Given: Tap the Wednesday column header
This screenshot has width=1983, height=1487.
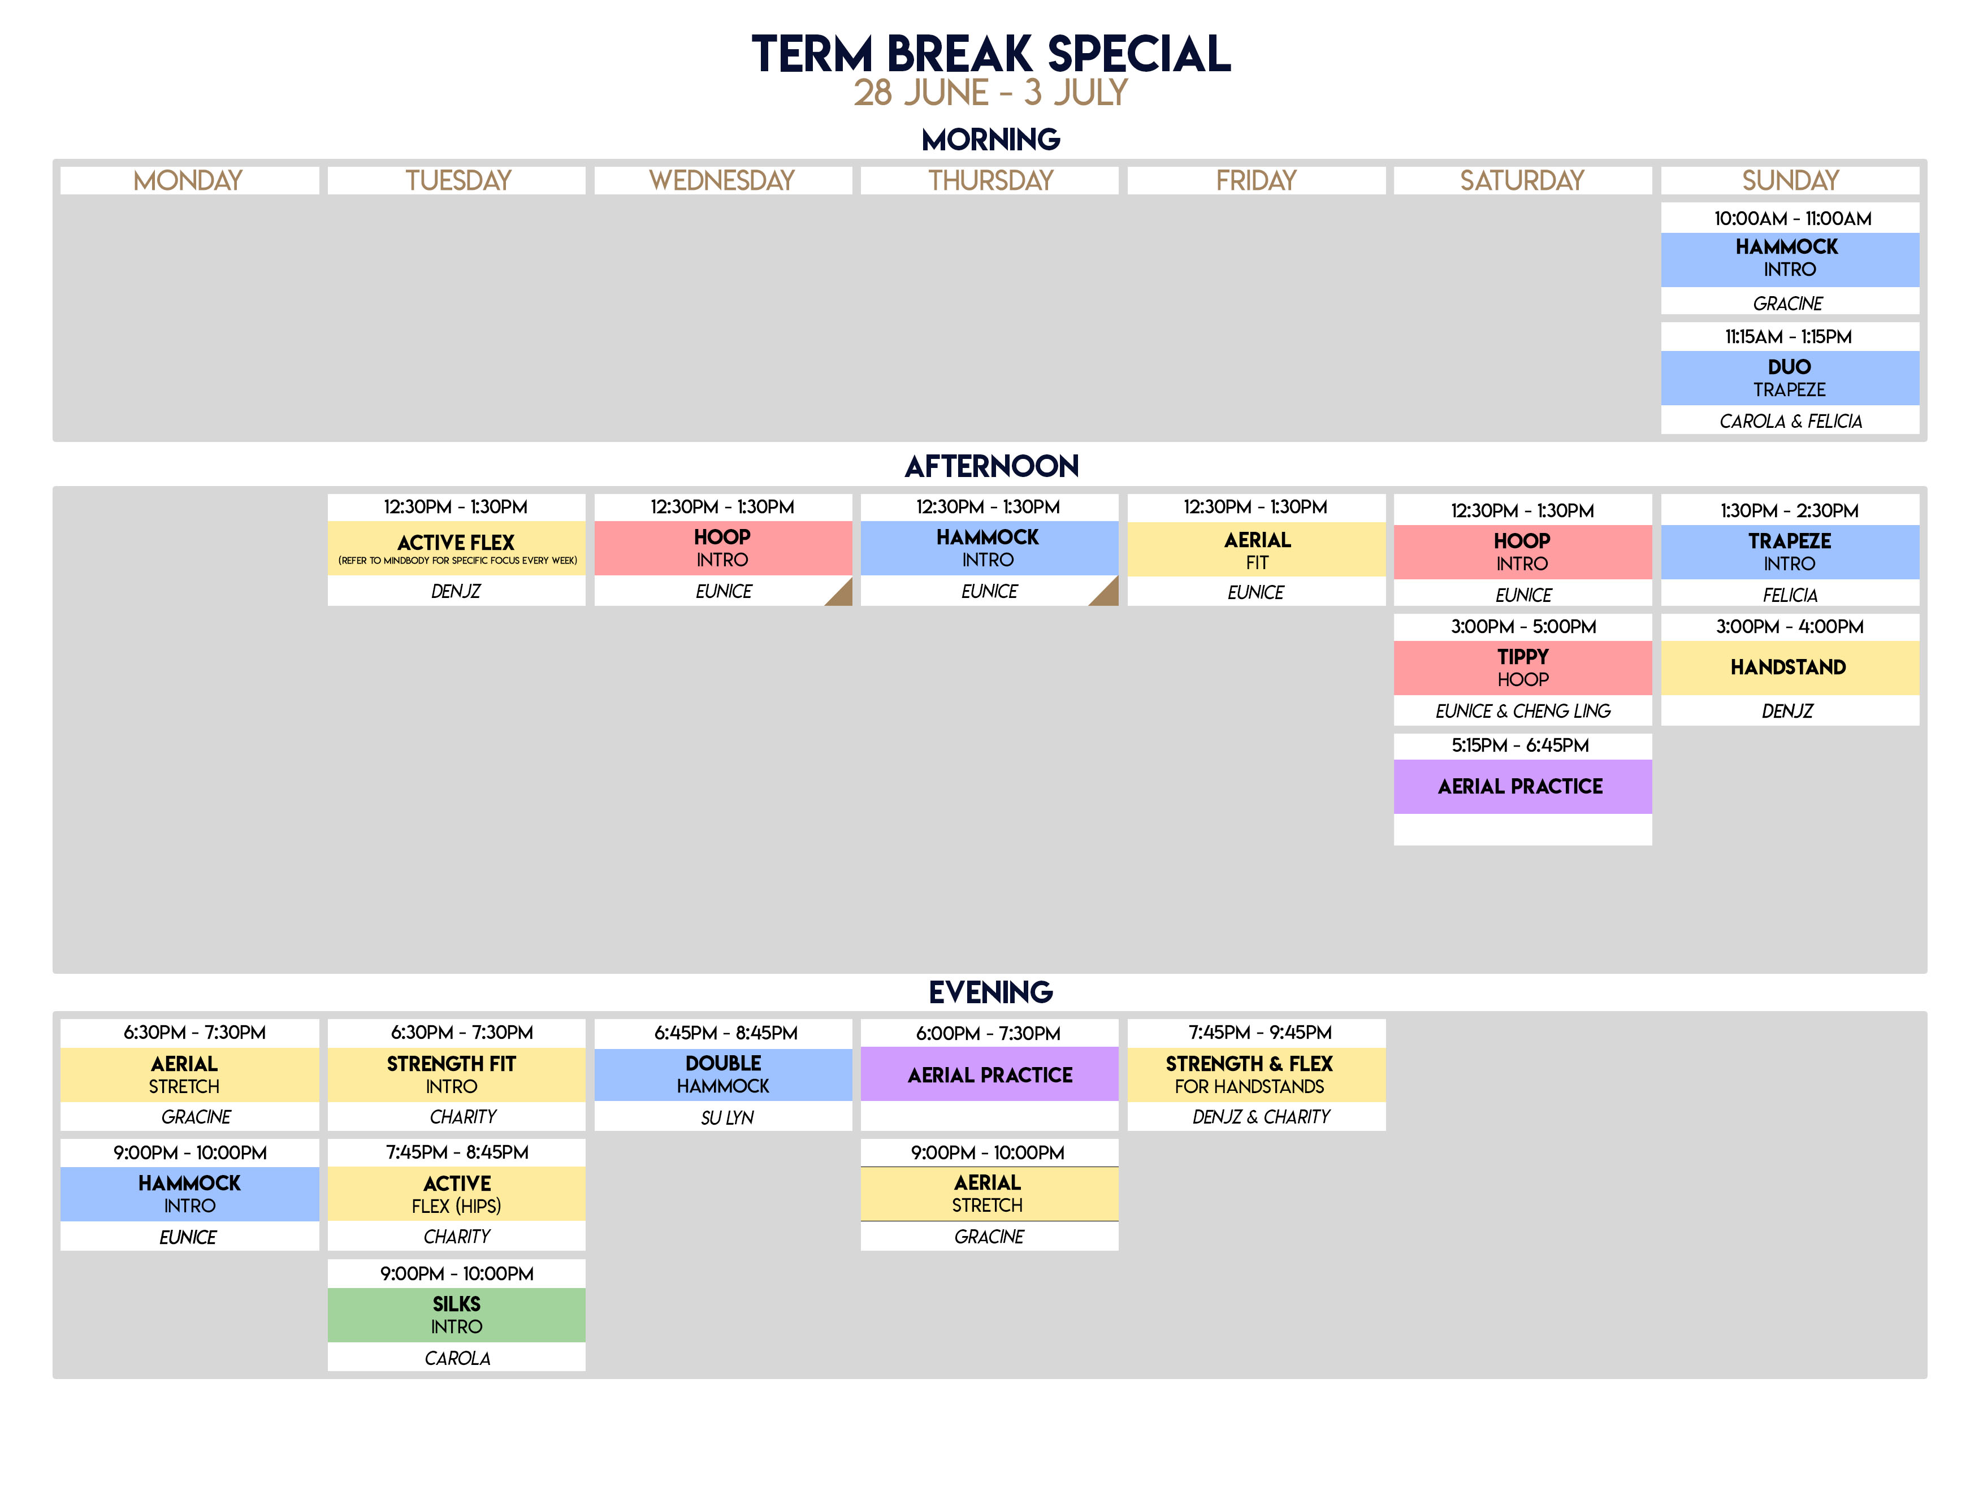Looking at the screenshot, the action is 722,180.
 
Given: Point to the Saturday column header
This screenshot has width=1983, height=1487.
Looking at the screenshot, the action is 1522,180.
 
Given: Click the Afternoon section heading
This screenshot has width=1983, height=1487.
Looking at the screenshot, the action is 991,466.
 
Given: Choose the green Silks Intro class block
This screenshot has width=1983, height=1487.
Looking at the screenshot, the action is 456,1315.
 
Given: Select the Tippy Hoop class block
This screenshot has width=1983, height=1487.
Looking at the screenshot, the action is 1522,667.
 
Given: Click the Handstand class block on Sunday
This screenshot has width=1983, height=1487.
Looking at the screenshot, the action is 1789,667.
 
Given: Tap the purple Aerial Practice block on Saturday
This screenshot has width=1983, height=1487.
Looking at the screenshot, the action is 1522,786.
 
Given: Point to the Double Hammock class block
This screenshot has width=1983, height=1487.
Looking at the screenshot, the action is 722,1074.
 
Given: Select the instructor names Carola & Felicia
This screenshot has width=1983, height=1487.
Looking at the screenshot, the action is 1790,421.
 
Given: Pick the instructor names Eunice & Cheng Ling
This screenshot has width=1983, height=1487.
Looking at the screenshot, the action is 1522,711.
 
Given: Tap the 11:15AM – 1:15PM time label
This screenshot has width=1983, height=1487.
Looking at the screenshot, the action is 1789,337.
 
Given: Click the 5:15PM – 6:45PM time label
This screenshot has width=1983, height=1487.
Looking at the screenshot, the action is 1521,745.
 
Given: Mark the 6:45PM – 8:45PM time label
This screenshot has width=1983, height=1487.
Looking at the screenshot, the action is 725,1033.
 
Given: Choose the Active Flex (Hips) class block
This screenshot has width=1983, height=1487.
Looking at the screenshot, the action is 456,1194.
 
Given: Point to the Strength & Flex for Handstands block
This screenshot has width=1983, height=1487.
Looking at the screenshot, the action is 1256,1074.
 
